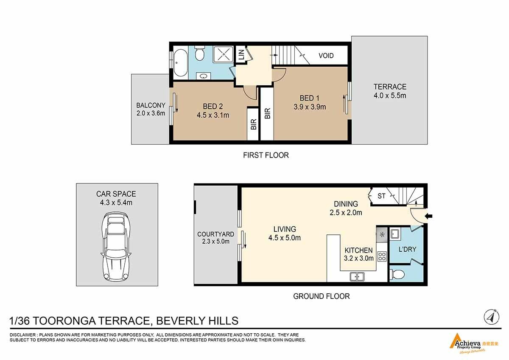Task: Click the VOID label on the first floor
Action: [x=326, y=56]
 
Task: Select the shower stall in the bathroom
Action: [x=223, y=55]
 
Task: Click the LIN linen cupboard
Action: [x=241, y=55]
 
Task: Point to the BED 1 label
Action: [x=309, y=98]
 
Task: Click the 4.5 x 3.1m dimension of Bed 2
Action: [x=213, y=115]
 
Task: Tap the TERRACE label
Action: [x=390, y=87]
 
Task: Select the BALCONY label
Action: [x=151, y=105]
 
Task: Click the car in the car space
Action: [x=116, y=247]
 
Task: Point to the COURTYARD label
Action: [x=215, y=234]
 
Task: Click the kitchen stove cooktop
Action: [x=382, y=256]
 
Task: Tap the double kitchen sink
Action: [x=357, y=277]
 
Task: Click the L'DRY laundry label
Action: [x=407, y=249]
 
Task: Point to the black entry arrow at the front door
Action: [x=429, y=216]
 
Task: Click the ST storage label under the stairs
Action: [x=381, y=196]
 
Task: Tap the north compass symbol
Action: [x=491, y=317]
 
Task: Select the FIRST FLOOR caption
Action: [x=266, y=155]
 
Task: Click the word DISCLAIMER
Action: [x=22, y=335]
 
